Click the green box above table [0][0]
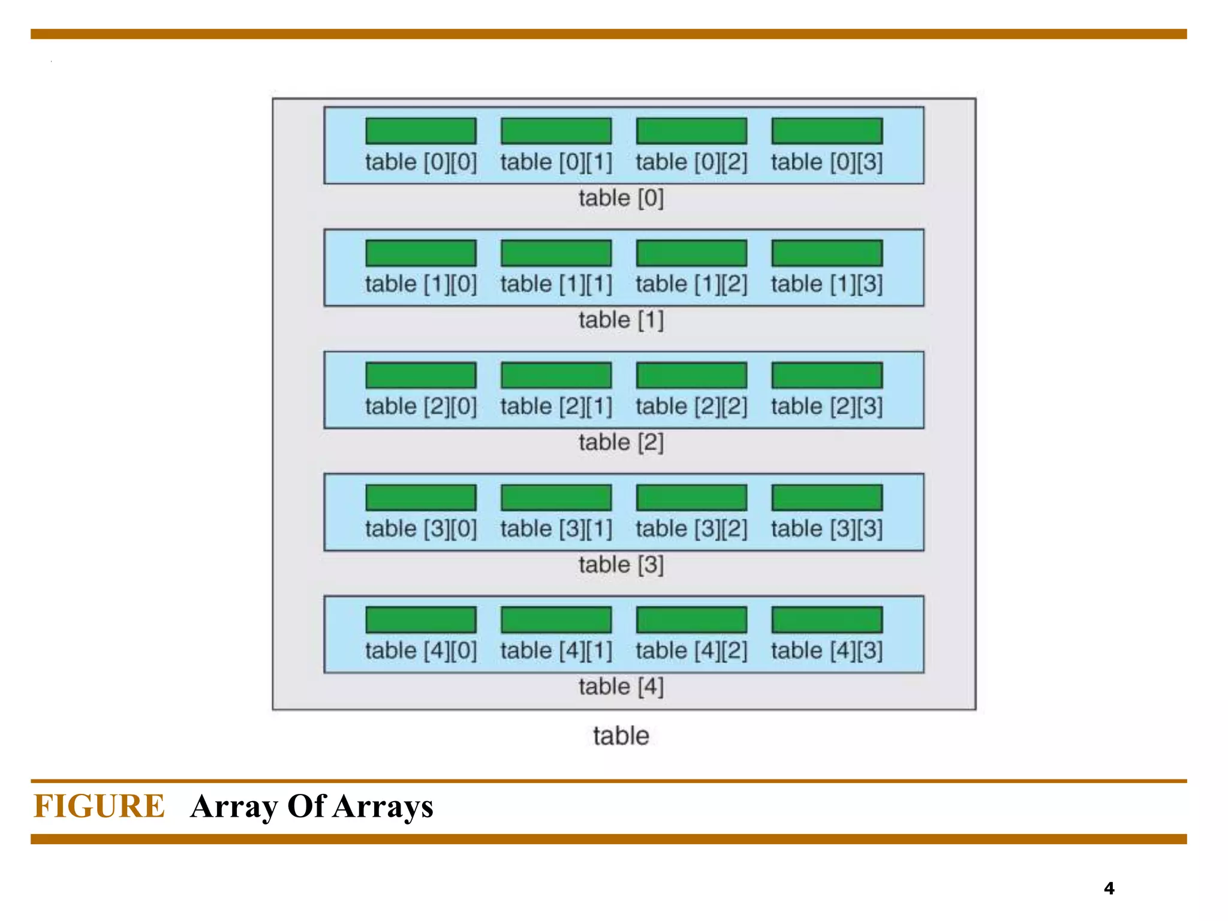pos(421,131)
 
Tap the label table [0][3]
pos(827,162)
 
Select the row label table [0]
pos(621,198)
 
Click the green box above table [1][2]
pos(691,253)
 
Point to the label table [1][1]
pos(556,284)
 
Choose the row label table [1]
pos(621,320)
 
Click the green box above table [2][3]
pos(827,375)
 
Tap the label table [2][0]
pos(421,407)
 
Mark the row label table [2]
pos(621,443)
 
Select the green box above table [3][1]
pos(556,498)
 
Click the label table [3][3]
pos(827,529)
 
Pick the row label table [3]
pos(621,565)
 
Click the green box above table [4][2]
pos(691,619)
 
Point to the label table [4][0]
pos(421,651)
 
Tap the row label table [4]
pos(621,687)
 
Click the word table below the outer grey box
pos(621,736)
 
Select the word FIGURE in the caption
pos(99,806)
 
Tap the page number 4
pos(1109,888)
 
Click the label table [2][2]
pos(691,407)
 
